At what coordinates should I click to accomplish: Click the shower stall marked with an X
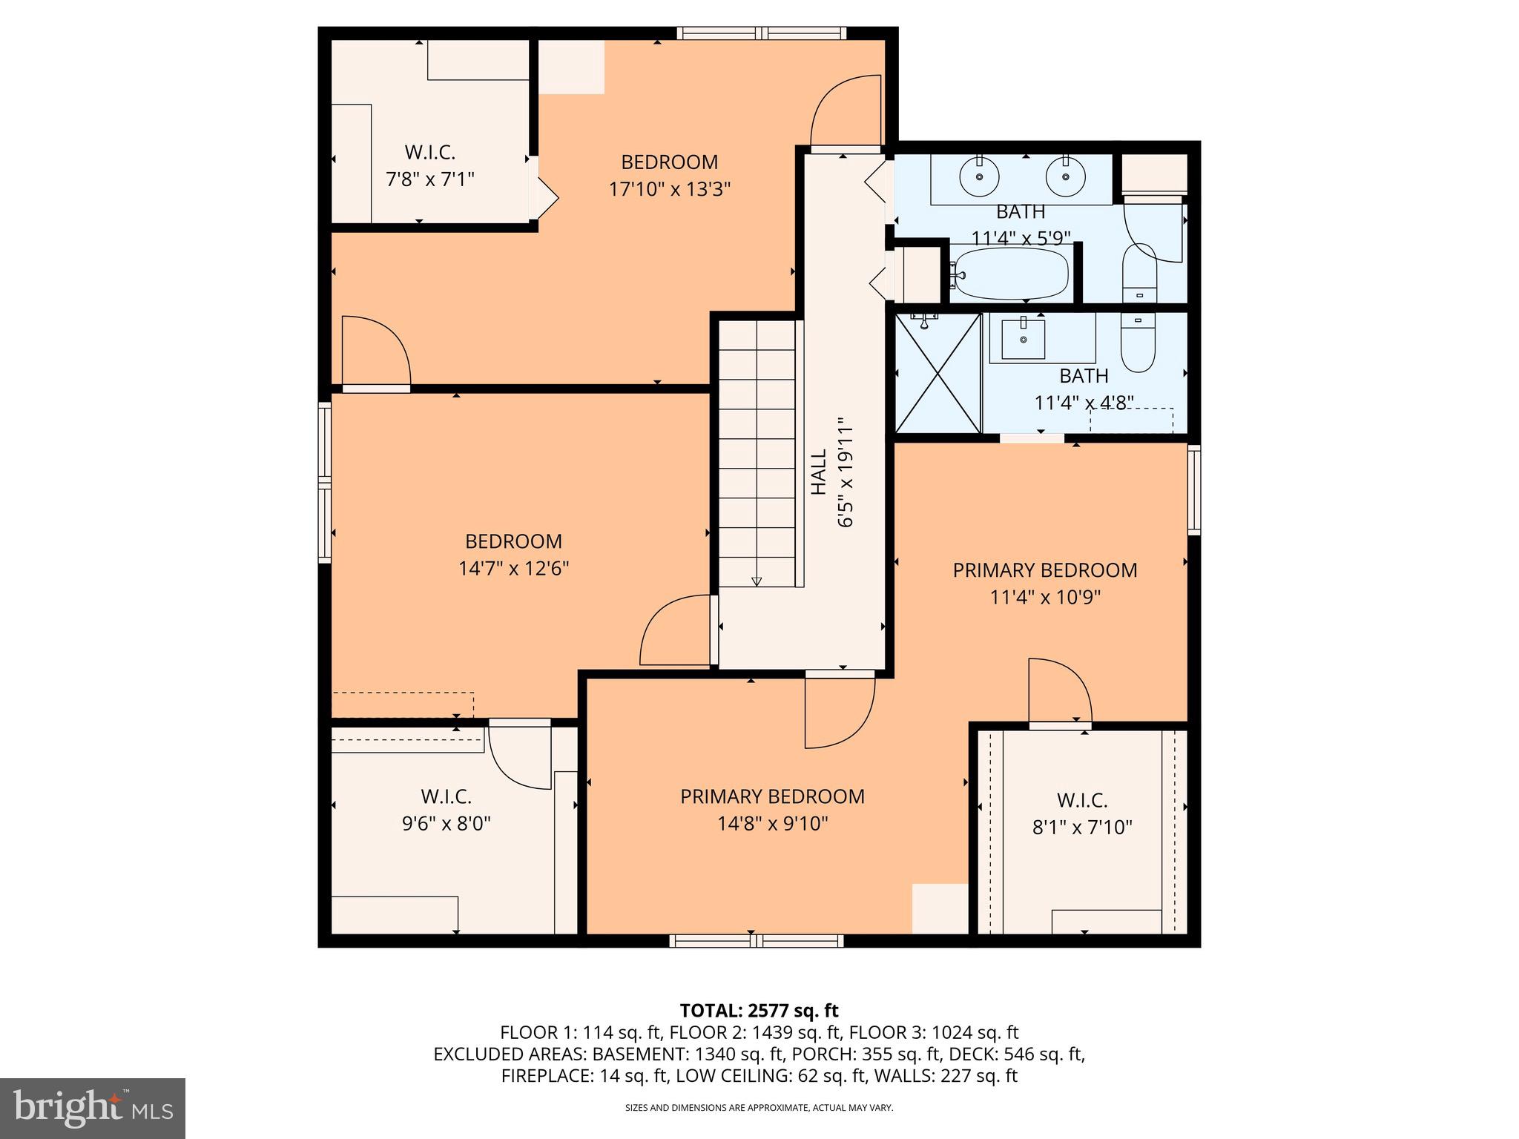[938, 373]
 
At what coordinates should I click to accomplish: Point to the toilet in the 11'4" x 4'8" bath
[1139, 343]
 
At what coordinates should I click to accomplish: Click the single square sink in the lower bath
[1023, 339]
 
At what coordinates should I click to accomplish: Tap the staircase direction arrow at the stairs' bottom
[757, 581]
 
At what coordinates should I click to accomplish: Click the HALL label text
[819, 472]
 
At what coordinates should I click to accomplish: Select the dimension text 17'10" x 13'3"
[670, 189]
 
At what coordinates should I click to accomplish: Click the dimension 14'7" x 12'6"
[513, 569]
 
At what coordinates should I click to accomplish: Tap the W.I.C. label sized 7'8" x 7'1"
[429, 153]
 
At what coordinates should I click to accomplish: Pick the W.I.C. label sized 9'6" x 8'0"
[447, 796]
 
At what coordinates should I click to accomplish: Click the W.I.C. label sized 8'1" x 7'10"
[1082, 800]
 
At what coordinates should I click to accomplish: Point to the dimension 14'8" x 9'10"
[772, 824]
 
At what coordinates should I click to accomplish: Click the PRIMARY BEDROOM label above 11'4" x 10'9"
[1044, 570]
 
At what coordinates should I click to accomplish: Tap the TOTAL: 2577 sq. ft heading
[759, 1010]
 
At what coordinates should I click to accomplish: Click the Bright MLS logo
[93, 1108]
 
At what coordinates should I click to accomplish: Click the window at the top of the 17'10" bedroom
[761, 33]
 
